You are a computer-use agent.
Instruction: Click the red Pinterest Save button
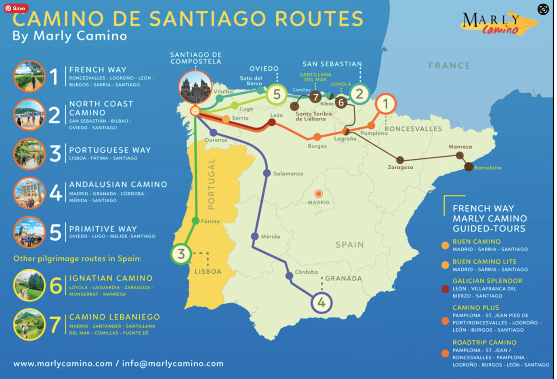coord(16,9)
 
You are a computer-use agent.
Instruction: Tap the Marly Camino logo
coord(498,24)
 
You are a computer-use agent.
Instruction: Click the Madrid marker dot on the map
coord(318,194)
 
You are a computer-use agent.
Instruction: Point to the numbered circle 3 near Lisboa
coord(181,254)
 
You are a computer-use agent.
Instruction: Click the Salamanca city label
coord(288,174)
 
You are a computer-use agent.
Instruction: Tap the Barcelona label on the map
coord(488,167)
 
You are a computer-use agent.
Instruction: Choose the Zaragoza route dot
coord(400,160)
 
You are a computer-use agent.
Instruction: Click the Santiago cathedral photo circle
coord(195,87)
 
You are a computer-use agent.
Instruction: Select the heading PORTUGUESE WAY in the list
coord(110,150)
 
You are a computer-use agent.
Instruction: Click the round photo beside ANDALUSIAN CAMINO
coord(30,193)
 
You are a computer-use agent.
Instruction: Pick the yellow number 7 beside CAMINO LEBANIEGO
coord(55,324)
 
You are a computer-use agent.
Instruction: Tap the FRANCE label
coord(449,66)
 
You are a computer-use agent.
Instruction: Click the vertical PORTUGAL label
coord(212,184)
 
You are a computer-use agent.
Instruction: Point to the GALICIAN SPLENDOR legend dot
coord(445,289)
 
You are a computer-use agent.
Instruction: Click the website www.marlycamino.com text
coord(63,364)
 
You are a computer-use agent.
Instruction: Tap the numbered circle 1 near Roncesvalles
coord(385,104)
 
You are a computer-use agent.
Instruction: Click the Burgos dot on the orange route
coord(317,137)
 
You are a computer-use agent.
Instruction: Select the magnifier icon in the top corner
coord(543,9)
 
